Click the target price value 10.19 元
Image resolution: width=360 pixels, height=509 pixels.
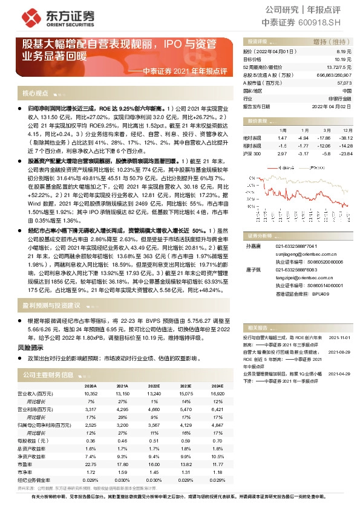(x=343, y=60)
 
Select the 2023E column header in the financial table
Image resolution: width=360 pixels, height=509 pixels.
(x=183, y=386)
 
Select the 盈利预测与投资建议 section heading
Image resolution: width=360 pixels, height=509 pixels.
(x=51, y=305)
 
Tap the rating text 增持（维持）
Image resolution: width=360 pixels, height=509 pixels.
(x=329, y=41)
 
